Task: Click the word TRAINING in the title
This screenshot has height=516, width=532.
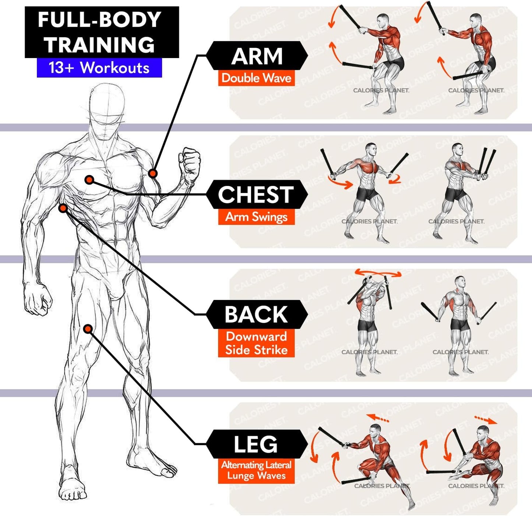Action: pyautogui.click(x=99, y=45)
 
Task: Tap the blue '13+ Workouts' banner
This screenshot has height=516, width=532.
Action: pyautogui.click(x=99, y=68)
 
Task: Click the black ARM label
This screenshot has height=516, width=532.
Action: pyautogui.click(x=257, y=56)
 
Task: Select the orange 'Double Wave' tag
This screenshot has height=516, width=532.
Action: pyautogui.click(x=256, y=78)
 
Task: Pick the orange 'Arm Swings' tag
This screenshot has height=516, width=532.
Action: pyautogui.click(x=256, y=217)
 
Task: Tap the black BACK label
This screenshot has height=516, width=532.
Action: pyautogui.click(x=256, y=315)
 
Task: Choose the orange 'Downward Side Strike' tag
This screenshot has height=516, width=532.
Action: pyautogui.click(x=256, y=343)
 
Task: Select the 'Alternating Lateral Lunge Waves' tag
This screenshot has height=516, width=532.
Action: pyautogui.click(x=256, y=470)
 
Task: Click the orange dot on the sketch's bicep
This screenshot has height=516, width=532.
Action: pyautogui.click(x=153, y=173)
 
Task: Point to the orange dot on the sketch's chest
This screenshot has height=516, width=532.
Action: pyautogui.click(x=89, y=180)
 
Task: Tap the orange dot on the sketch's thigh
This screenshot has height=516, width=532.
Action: pyautogui.click(x=88, y=329)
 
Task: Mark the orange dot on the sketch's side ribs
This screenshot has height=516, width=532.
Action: pyautogui.click(x=63, y=208)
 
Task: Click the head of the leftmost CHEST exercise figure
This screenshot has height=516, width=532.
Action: pyautogui.click(x=371, y=150)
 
